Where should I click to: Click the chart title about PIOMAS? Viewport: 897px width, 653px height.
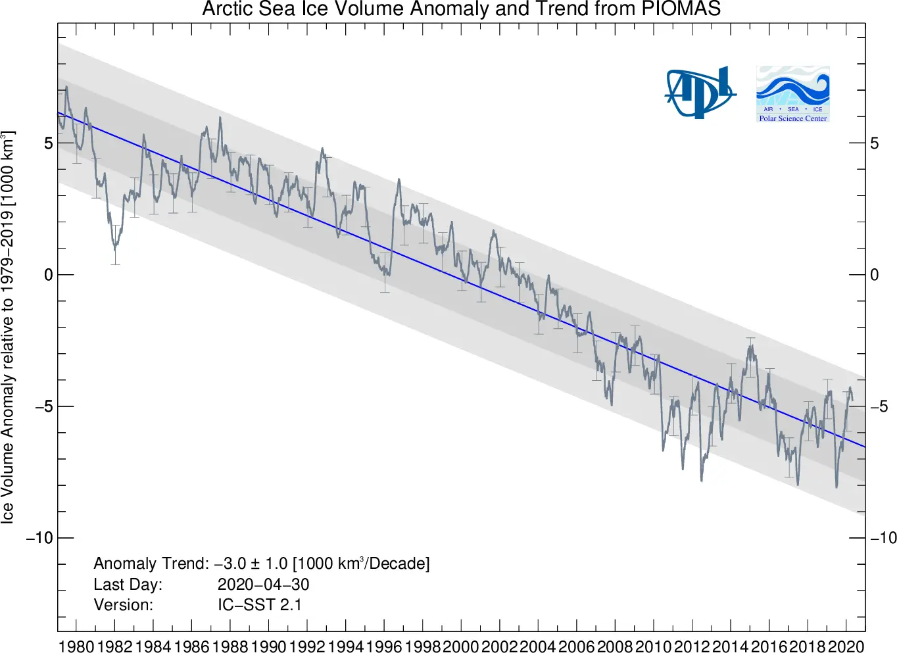point(461,9)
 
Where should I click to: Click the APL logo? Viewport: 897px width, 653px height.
point(699,93)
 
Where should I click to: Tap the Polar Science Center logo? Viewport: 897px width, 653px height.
point(792,93)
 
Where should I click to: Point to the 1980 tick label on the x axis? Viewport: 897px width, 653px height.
point(76,646)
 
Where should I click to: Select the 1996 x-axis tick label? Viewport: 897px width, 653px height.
point(384,646)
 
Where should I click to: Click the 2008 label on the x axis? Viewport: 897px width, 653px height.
point(615,646)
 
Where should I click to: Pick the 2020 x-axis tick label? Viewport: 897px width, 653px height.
point(846,646)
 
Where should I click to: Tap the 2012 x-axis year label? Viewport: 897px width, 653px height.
point(692,646)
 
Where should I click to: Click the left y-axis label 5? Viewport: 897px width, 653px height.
point(48,143)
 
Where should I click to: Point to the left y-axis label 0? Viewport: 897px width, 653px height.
point(48,275)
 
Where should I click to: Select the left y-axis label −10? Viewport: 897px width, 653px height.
point(39,538)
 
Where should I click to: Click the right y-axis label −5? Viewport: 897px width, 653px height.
point(879,406)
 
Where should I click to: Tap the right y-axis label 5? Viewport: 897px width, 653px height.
point(875,143)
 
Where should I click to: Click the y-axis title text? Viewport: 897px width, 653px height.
point(8,327)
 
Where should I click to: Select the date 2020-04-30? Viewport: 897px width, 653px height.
point(263,584)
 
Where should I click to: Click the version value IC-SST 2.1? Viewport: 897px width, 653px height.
point(260,604)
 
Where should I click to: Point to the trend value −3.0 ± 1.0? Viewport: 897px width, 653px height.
point(251,564)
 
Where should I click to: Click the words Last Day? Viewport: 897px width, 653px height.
point(128,584)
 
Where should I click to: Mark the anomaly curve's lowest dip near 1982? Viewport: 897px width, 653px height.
point(115,249)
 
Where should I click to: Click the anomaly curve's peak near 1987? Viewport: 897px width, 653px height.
point(220,118)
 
